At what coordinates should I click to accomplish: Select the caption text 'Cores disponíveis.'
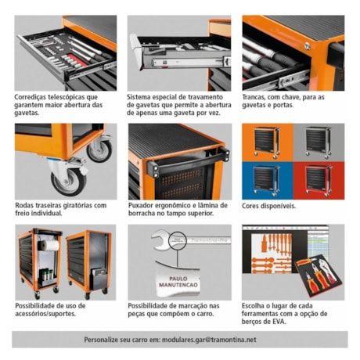click(x=269, y=206)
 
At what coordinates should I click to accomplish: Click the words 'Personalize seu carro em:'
click(x=120, y=339)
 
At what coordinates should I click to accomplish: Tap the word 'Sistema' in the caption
click(x=142, y=98)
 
